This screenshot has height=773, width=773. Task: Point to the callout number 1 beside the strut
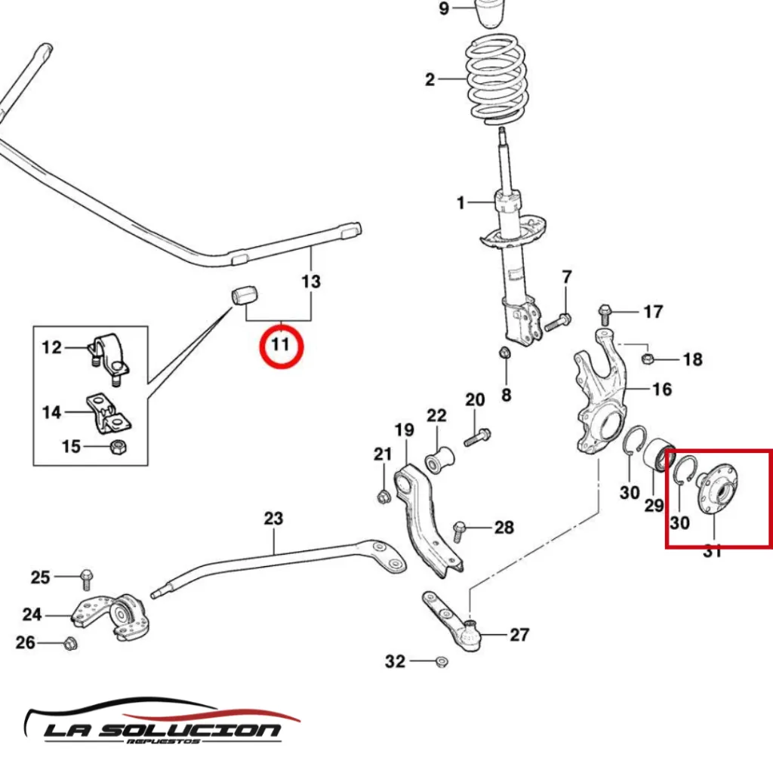pyautogui.click(x=460, y=202)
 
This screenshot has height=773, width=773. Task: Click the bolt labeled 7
pyautogui.click(x=557, y=322)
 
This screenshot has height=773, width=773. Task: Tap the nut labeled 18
pyautogui.click(x=647, y=357)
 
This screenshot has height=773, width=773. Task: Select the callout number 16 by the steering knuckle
pyautogui.click(x=661, y=390)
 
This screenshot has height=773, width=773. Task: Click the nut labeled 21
pyautogui.click(x=383, y=496)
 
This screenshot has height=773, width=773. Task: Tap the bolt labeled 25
pyautogui.click(x=85, y=578)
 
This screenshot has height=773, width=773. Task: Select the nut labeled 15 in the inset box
pyautogui.click(x=117, y=447)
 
